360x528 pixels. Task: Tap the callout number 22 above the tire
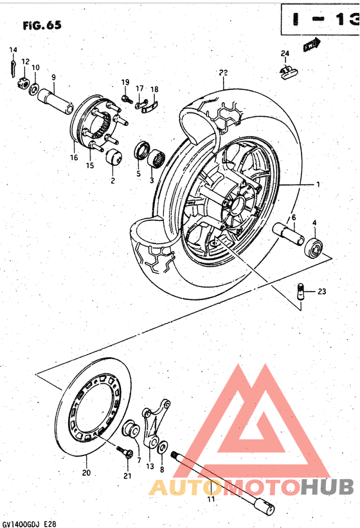coord(223,73)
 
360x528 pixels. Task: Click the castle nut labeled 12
coord(21,82)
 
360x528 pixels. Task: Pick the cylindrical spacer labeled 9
coord(55,101)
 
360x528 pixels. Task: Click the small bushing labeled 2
coord(114,157)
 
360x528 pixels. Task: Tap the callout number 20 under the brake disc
coord(87,473)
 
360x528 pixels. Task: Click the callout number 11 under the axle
coord(210,498)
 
